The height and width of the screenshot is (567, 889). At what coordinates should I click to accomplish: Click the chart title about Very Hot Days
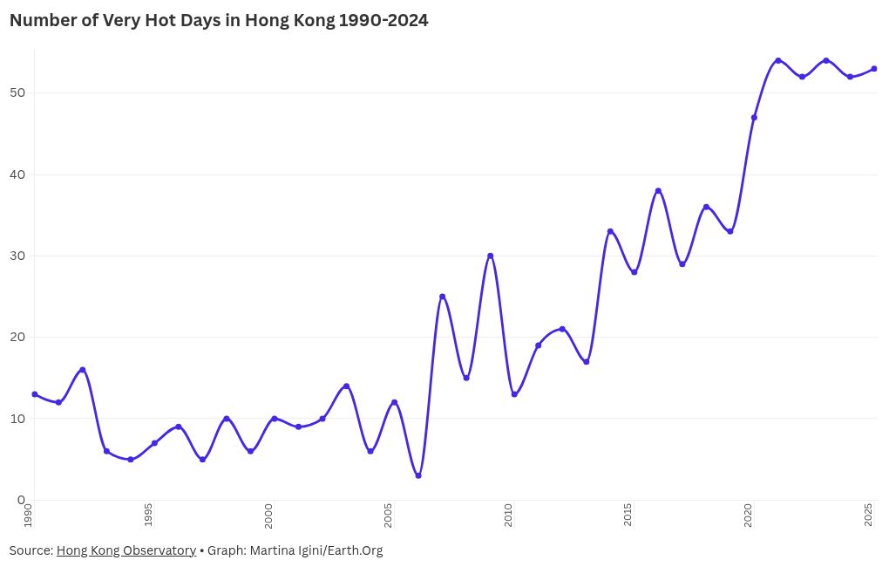[x=219, y=21]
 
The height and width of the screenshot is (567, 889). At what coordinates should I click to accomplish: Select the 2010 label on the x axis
[x=508, y=515]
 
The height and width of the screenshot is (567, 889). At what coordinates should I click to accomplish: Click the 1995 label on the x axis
[x=148, y=515]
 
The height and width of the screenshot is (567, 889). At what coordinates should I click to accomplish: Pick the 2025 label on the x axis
[x=869, y=515]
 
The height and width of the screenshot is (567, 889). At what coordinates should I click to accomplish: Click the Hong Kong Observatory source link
[x=126, y=550]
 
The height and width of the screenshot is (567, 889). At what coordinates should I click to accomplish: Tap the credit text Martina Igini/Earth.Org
[x=315, y=550]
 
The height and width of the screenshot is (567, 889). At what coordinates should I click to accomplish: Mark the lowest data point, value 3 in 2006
[x=418, y=475]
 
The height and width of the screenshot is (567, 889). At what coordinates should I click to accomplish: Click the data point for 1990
[x=35, y=394]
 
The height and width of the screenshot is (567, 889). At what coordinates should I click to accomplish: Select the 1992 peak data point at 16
[x=83, y=370]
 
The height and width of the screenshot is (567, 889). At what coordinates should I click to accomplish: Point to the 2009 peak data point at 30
[x=491, y=256]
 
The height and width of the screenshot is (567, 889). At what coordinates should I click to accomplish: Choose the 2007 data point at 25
[x=443, y=297]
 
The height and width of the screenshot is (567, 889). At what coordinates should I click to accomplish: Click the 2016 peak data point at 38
[x=658, y=190]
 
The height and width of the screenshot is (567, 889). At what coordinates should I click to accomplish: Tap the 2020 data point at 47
[x=754, y=118]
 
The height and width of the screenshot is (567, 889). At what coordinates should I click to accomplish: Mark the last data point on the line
[x=874, y=69]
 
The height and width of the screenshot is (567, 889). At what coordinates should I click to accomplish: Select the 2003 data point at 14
[x=347, y=386]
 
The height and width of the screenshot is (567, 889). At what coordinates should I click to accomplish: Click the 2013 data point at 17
[x=587, y=362]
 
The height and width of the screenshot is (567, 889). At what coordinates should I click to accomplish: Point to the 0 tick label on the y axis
[x=21, y=500]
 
